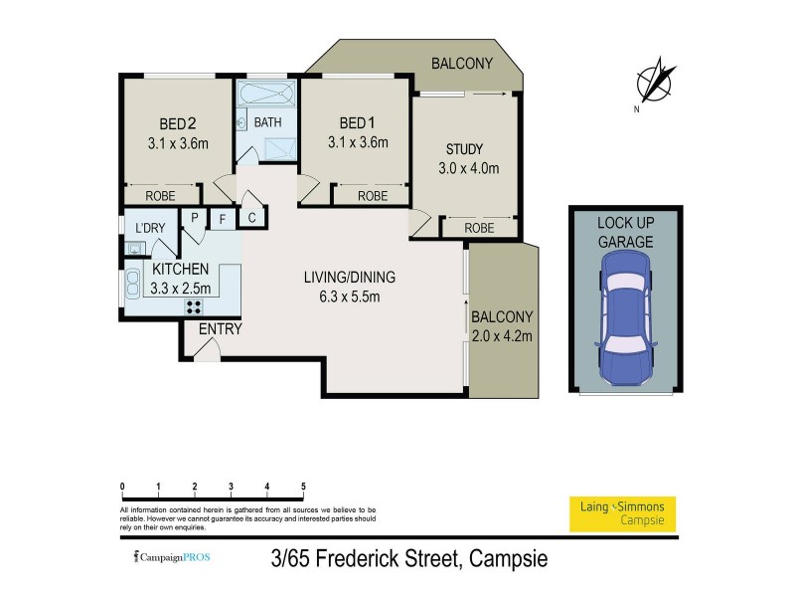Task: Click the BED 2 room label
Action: click(177, 124)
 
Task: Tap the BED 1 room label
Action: click(357, 123)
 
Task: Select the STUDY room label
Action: click(463, 150)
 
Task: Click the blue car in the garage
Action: click(624, 315)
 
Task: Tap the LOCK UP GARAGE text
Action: click(625, 232)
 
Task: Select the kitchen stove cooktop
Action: click(194, 306)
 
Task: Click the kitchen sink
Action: click(133, 287)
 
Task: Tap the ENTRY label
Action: click(220, 329)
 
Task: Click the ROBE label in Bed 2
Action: click(161, 196)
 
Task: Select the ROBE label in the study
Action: click(479, 228)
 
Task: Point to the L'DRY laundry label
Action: click(149, 228)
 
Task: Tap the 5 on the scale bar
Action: click(303, 487)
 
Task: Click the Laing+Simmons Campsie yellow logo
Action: click(621, 512)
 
